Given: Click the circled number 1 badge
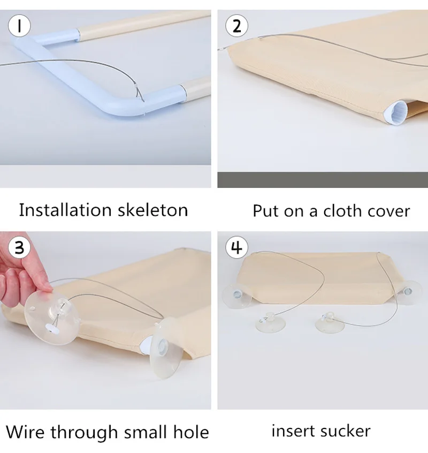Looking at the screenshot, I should (19, 26).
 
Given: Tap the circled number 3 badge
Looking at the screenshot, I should (19, 247).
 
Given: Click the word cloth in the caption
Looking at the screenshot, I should (343, 210).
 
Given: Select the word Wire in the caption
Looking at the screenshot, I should (25, 432).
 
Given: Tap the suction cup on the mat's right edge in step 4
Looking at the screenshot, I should (407, 292).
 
